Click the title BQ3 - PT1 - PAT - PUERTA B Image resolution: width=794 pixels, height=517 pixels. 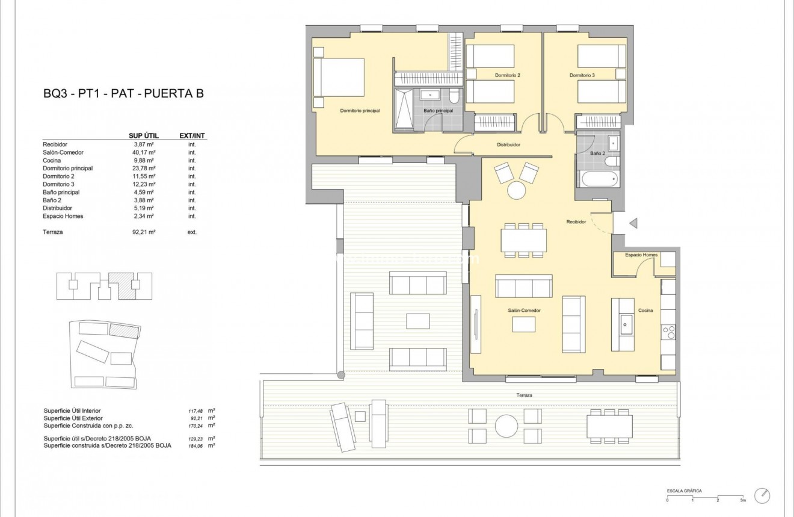pyautogui.click(x=123, y=93)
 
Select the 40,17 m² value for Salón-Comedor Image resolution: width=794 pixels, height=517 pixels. pyautogui.click(x=144, y=152)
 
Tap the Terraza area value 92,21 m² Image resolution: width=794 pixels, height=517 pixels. pyautogui.click(x=144, y=232)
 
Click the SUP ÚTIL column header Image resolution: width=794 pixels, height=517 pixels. pyautogui.click(x=144, y=136)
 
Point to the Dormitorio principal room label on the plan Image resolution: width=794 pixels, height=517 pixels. pyautogui.click(x=360, y=111)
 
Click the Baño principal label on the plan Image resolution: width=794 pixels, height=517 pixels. pyautogui.click(x=438, y=111)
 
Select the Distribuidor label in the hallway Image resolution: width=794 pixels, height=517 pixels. pyautogui.click(x=508, y=145)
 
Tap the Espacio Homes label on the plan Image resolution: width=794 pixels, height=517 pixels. pyautogui.click(x=641, y=255)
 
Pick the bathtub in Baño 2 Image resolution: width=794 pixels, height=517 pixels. pyautogui.click(x=597, y=179)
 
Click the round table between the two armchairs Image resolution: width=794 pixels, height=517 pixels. pyautogui.click(x=517, y=191)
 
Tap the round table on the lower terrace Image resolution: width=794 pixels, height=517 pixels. pyautogui.click(x=506, y=426)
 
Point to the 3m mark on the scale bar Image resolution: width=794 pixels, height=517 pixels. pyautogui.click(x=743, y=501)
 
